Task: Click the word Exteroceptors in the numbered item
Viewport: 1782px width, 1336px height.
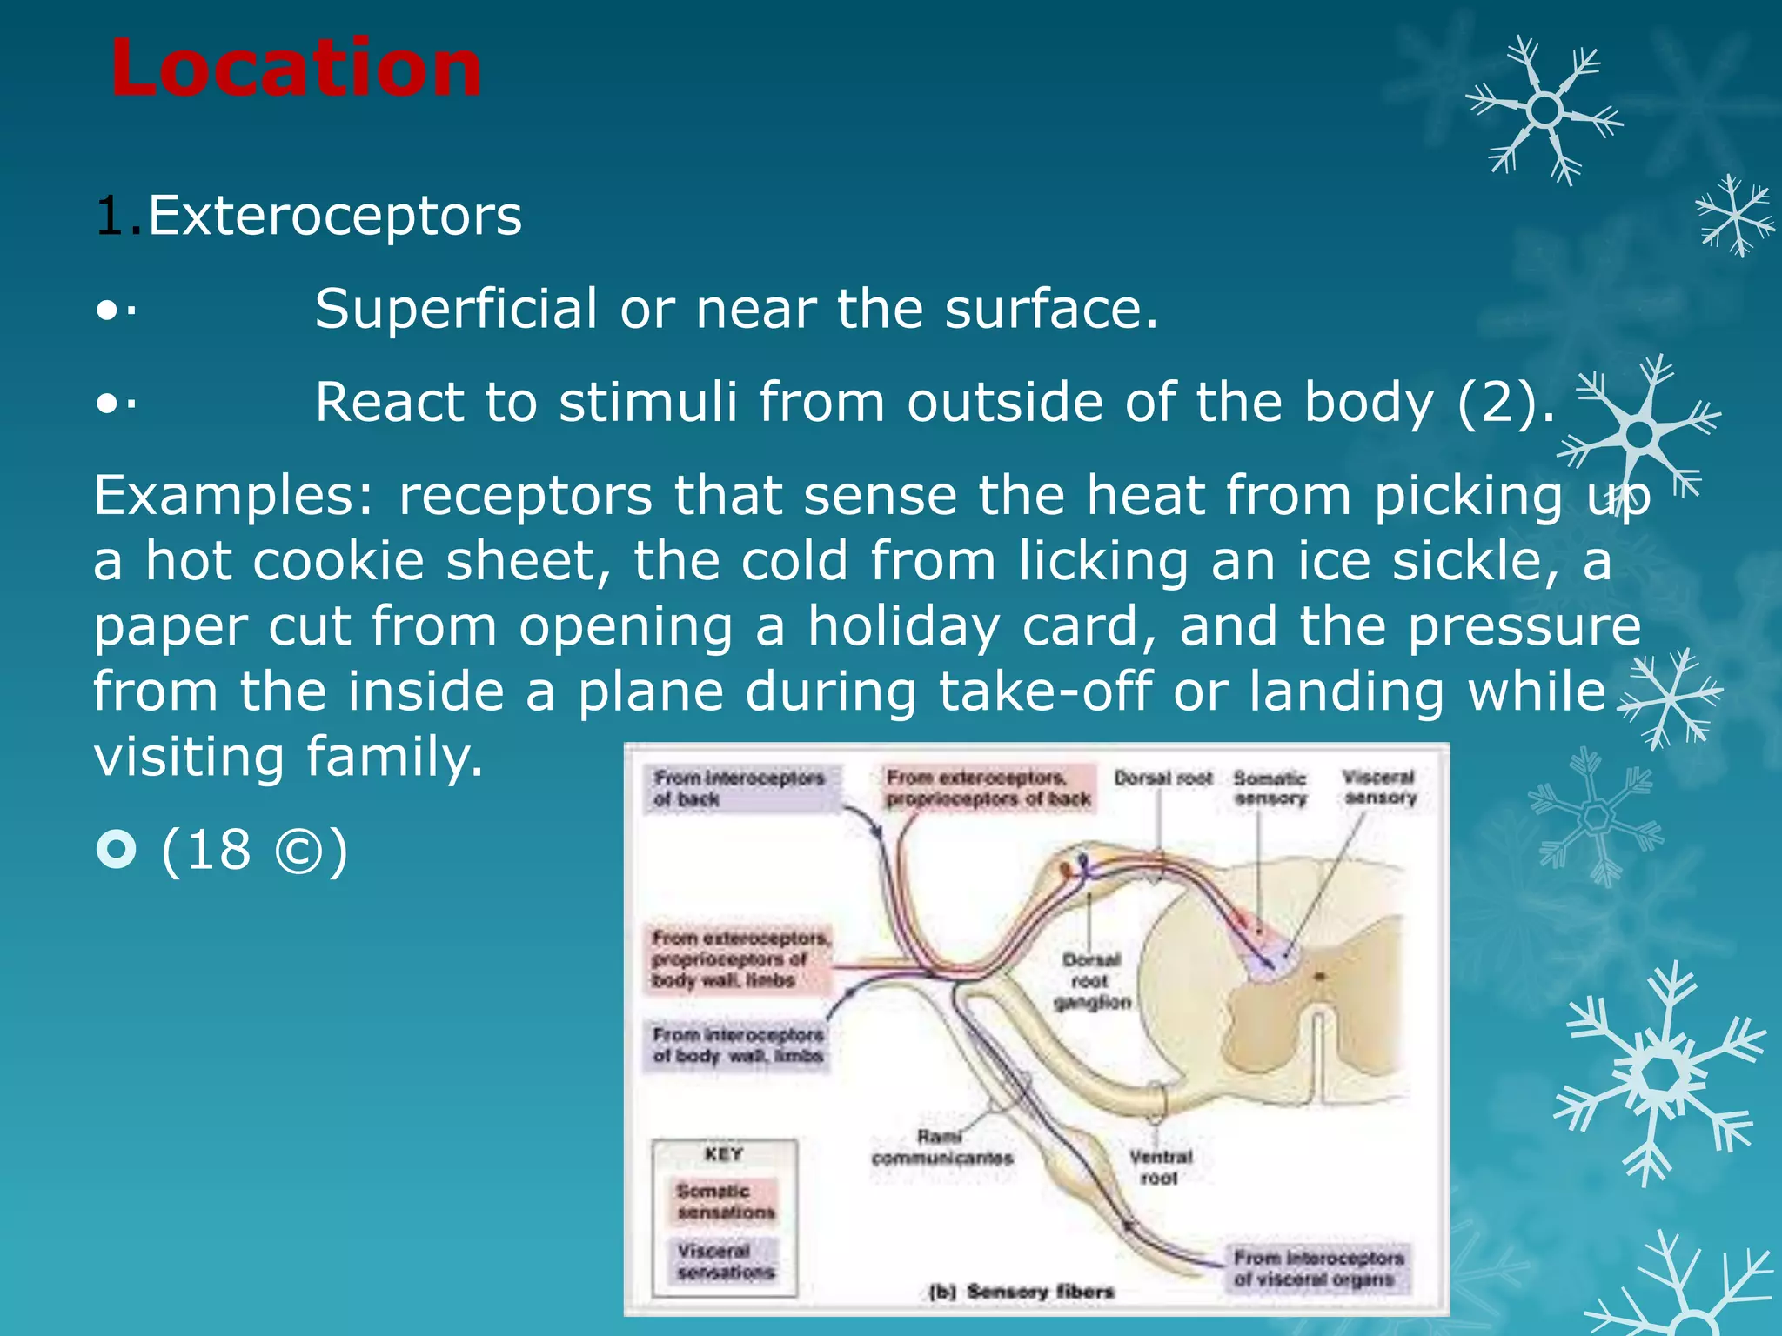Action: [335, 216]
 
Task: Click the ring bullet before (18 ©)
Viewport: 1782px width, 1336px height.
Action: [117, 849]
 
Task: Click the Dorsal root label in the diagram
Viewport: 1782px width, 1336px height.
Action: [1163, 778]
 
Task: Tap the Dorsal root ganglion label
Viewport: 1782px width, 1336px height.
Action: [1091, 981]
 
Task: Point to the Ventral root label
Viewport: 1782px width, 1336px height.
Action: [1160, 1167]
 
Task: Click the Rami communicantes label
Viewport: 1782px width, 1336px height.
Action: [942, 1147]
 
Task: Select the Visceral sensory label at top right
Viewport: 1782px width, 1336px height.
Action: [1379, 787]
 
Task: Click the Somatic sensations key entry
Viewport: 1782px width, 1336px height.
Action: [725, 1201]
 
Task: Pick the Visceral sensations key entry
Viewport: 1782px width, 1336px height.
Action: [725, 1261]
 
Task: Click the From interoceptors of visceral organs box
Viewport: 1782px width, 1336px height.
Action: [1317, 1268]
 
